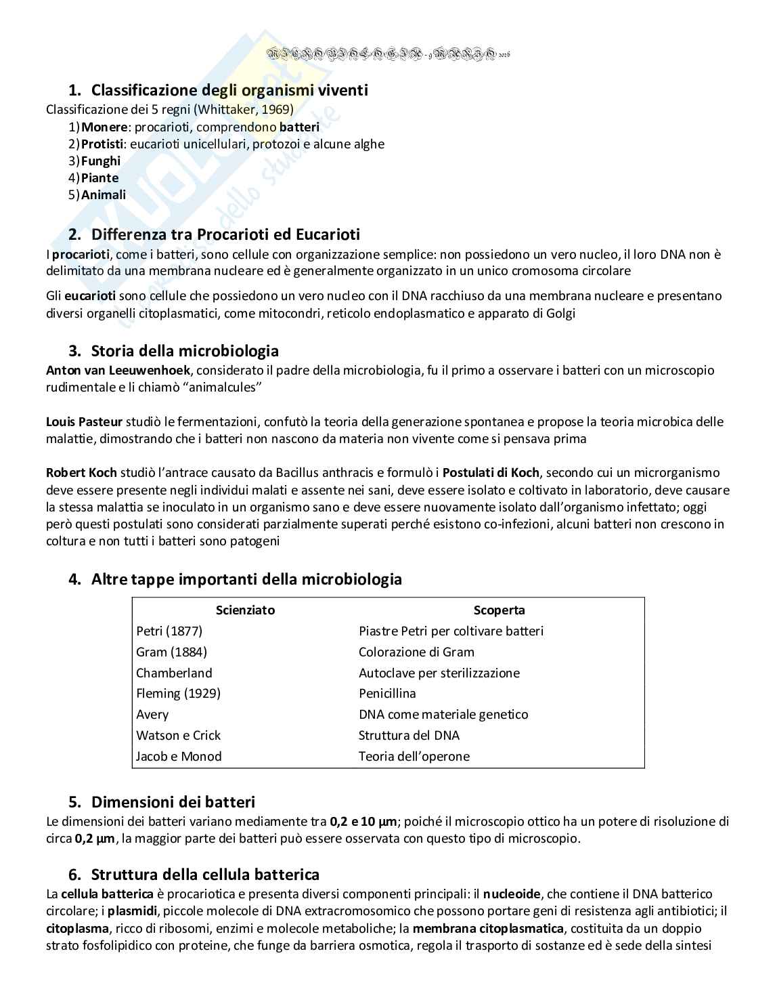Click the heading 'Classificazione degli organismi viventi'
tap(229, 90)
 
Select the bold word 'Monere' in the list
tap(104, 127)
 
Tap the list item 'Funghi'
tap(101, 161)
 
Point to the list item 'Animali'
tap(104, 195)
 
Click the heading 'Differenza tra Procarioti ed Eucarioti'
tap(225, 234)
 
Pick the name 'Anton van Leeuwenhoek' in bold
tap(118, 371)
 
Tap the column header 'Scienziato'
tap(245, 610)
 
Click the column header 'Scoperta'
tap(500, 610)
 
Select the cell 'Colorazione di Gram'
tap(416, 652)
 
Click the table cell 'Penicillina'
tap(387, 694)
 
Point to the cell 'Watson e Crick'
tap(178, 736)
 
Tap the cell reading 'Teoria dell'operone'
tap(414, 757)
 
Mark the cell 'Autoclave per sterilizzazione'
tap(439, 673)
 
